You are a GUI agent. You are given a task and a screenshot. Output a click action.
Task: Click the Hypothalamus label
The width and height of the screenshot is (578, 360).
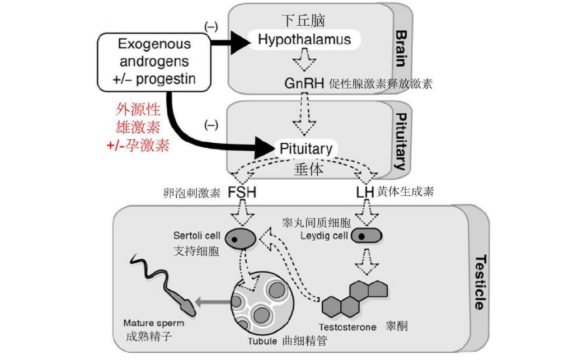point(304,39)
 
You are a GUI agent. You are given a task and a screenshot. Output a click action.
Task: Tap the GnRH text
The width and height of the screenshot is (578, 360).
point(304,84)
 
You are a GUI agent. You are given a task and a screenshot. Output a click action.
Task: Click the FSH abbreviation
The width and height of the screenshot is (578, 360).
point(242,193)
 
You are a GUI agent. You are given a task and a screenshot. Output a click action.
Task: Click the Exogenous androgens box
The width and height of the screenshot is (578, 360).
point(155,62)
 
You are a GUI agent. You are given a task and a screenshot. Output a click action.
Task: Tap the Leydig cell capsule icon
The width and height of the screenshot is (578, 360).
point(366,236)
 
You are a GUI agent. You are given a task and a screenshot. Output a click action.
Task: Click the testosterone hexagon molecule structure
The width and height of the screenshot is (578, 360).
point(356,300)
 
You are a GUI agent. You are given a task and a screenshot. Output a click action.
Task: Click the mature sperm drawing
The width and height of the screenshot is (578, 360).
point(163,286)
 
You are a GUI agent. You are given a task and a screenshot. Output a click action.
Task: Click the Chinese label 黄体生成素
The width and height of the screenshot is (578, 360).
point(406,193)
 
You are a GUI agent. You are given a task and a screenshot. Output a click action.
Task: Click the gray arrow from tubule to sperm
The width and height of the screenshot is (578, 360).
point(212,303)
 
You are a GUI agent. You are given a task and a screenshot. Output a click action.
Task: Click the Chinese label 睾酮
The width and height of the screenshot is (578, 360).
point(396,326)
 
